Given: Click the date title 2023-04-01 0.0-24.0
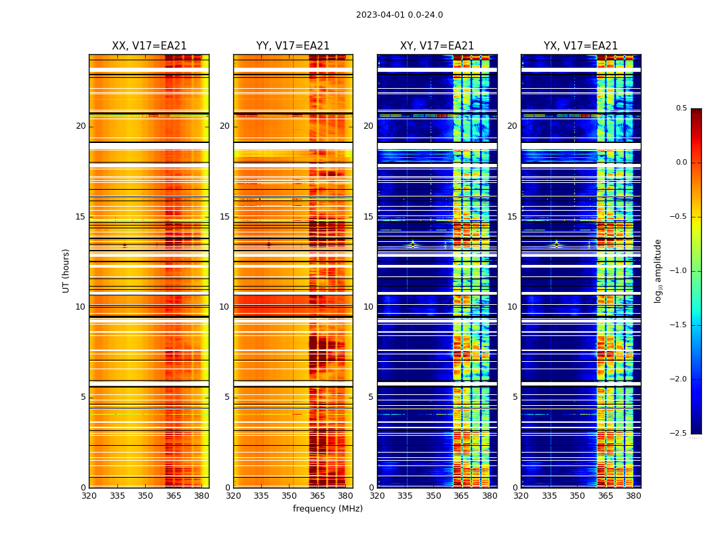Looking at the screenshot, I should [x=399, y=15].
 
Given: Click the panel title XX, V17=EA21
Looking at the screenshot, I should [x=149, y=46].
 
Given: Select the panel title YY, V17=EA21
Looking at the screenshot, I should [x=293, y=46].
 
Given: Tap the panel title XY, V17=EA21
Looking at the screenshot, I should [x=437, y=46].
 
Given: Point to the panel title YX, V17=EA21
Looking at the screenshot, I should [x=580, y=46].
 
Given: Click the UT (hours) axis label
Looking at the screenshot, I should [x=66, y=270].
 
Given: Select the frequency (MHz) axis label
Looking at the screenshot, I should [x=328, y=509].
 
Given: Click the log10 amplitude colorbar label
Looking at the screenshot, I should [x=658, y=270].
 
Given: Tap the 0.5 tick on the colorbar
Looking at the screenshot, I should [x=681, y=108].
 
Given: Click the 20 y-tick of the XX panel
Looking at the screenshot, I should [x=81, y=126].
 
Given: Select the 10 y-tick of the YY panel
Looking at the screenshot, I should [x=224, y=307].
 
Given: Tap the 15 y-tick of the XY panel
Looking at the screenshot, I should [x=368, y=217].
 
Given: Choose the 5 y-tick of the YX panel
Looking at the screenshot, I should [x=515, y=397].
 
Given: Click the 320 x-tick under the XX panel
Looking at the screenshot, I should [x=89, y=496].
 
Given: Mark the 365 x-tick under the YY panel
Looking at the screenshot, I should [x=317, y=496].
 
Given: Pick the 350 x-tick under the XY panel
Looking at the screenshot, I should [x=433, y=496].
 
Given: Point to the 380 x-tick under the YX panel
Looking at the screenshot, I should [x=633, y=496].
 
